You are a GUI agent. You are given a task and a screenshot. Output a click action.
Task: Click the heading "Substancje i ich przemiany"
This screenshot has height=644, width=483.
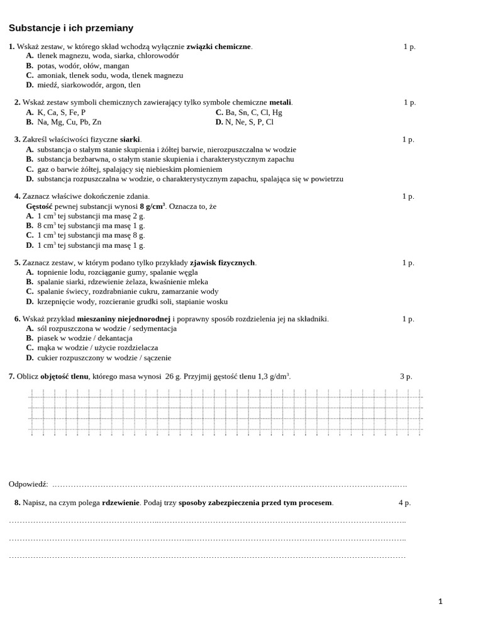point(71,28)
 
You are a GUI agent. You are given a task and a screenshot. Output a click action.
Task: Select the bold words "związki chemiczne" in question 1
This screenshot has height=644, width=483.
point(218,47)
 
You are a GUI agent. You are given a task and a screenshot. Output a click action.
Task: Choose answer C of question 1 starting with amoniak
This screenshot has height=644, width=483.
point(110,75)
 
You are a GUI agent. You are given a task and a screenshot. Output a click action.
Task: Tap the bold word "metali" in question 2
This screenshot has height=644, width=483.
point(280,102)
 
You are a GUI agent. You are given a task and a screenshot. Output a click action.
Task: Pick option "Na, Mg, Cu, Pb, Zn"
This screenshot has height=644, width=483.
point(69,122)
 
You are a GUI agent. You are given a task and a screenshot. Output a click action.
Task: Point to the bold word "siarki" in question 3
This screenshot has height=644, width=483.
point(130,139)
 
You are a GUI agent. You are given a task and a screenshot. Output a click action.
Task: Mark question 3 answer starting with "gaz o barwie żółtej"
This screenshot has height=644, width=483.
point(130,169)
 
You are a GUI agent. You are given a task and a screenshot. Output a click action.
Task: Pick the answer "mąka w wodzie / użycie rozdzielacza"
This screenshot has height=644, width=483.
point(97,347)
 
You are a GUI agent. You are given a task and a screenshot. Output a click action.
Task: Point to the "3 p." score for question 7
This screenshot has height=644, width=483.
point(406,376)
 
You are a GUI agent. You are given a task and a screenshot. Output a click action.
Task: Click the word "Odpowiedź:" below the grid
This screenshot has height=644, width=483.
point(28,484)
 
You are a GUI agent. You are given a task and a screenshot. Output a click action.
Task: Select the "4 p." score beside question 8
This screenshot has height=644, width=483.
point(404,502)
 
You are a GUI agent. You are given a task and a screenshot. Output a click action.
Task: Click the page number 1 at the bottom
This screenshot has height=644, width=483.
point(440,601)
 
